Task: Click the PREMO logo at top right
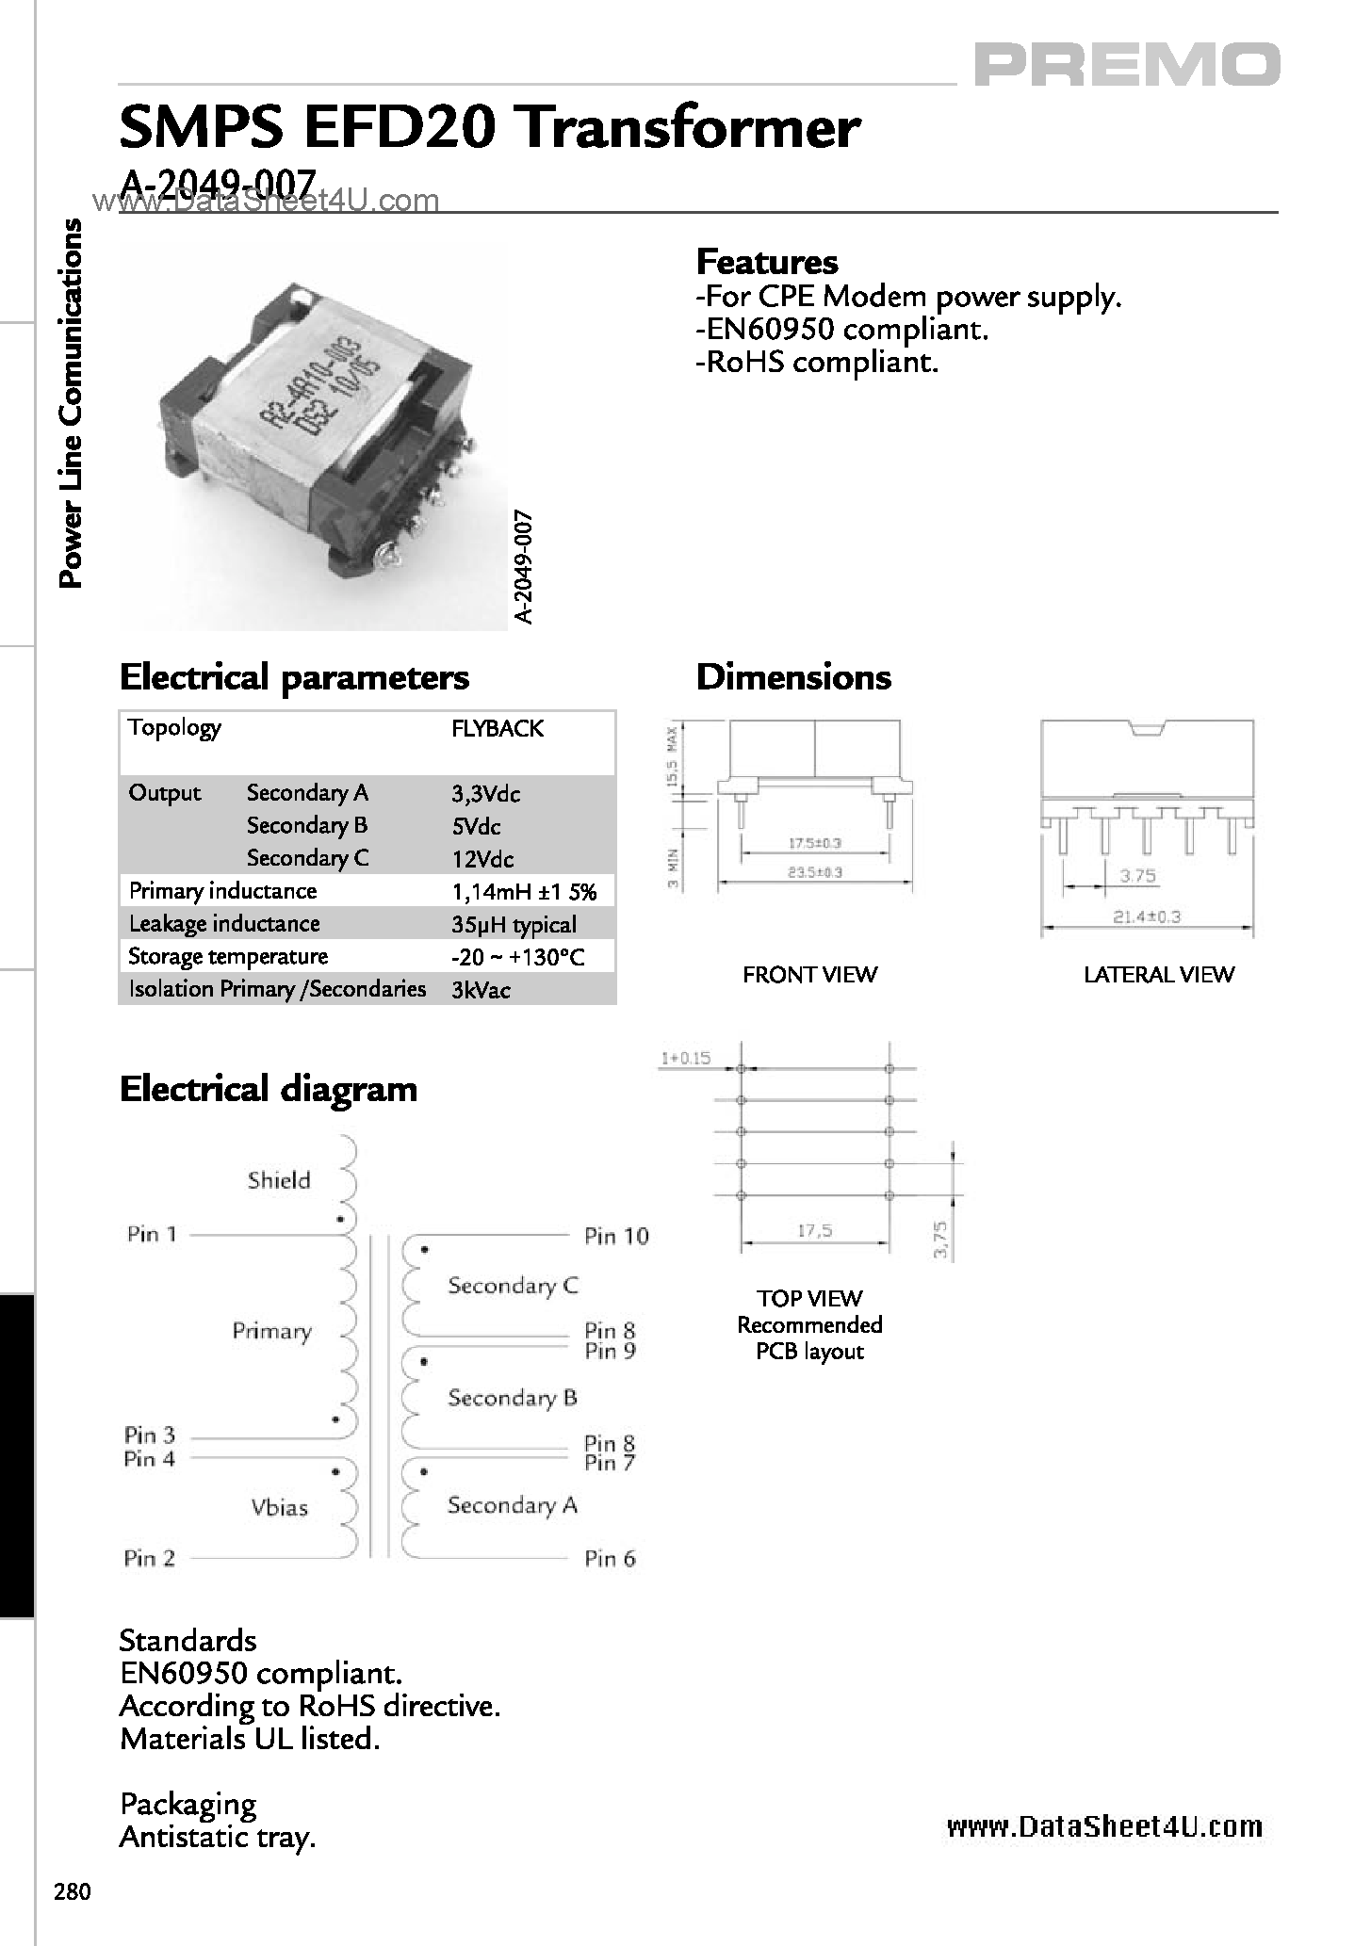(1126, 66)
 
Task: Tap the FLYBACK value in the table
(497, 728)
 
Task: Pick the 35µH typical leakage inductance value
(514, 925)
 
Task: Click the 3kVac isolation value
(481, 990)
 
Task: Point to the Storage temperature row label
(228, 957)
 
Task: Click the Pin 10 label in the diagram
(616, 1236)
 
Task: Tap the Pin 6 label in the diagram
(610, 1559)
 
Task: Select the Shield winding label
(279, 1180)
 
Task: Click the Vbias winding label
(280, 1507)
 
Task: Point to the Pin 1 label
(152, 1234)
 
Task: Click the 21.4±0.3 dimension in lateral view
(1147, 916)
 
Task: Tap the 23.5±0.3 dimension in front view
(815, 872)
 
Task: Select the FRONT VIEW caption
(809, 975)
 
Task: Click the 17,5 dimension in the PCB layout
(814, 1230)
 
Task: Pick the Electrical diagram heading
(269, 1089)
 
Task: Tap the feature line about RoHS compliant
(817, 363)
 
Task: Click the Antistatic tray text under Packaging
(217, 1837)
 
